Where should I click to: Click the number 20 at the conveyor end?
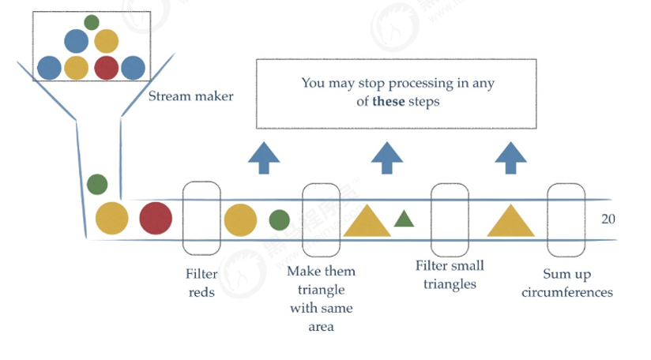click(x=608, y=219)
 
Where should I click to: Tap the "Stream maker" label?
click(x=190, y=97)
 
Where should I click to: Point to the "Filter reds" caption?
click(x=201, y=283)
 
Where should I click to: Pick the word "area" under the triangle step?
click(x=321, y=326)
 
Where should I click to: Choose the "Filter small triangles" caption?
click(x=450, y=275)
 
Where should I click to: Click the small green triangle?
click(x=404, y=219)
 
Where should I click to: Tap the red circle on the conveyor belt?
click(x=156, y=219)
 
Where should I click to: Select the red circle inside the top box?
click(x=106, y=68)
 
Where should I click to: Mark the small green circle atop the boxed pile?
click(x=92, y=22)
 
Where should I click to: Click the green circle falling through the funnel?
click(x=97, y=185)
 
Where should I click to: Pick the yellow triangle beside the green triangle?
click(x=367, y=221)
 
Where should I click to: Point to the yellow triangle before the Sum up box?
click(x=510, y=221)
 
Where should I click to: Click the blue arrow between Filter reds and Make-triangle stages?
click(x=264, y=158)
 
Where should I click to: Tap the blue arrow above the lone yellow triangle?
click(x=511, y=158)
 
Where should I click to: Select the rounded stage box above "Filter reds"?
click(x=201, y=219)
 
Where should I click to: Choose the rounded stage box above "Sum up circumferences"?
click(x=566, y=219)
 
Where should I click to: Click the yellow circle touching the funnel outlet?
click(x=112, y=219)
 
